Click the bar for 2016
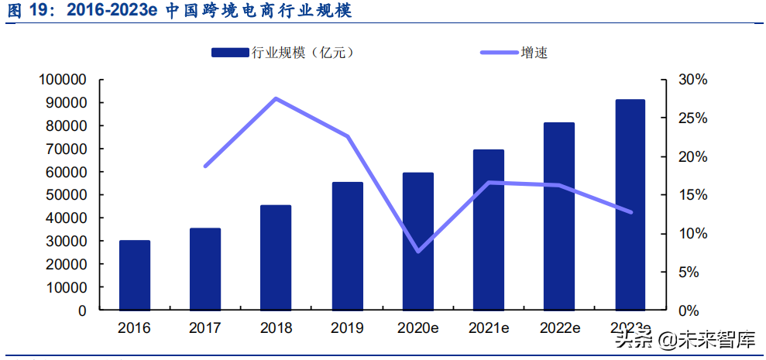tap(135, 275)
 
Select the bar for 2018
tap(276, 257)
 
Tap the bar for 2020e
tap(417, 241)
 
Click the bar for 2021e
tap(488, 229)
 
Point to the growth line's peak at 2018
tap(276, 98)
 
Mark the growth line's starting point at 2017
tap(205, 166)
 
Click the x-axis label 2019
tap(346, 327)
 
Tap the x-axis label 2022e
tap(559, 327)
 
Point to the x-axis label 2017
tap(205, 327)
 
